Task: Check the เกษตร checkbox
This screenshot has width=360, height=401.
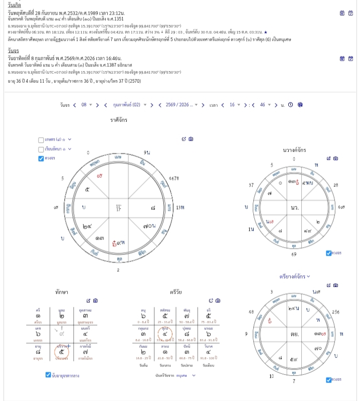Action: [41, 140]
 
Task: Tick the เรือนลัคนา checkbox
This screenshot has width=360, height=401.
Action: [41, 149]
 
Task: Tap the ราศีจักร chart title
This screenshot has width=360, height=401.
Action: [119, 120]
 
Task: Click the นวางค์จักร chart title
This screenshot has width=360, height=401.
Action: [294, 150]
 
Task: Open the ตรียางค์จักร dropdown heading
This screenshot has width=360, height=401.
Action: [294, 276]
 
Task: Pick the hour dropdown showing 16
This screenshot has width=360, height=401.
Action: [234, 105]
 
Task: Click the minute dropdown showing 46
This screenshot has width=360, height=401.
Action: [265, 105]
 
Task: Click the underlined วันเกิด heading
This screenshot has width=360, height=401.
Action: [14, 5]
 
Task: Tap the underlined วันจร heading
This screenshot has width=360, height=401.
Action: [13, 51]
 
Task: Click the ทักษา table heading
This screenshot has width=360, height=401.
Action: [62, 292]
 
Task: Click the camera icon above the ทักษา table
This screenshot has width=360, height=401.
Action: [95, 301]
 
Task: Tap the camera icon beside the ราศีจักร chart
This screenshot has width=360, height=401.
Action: [191, 139]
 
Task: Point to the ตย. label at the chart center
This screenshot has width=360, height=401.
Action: [295, 333]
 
